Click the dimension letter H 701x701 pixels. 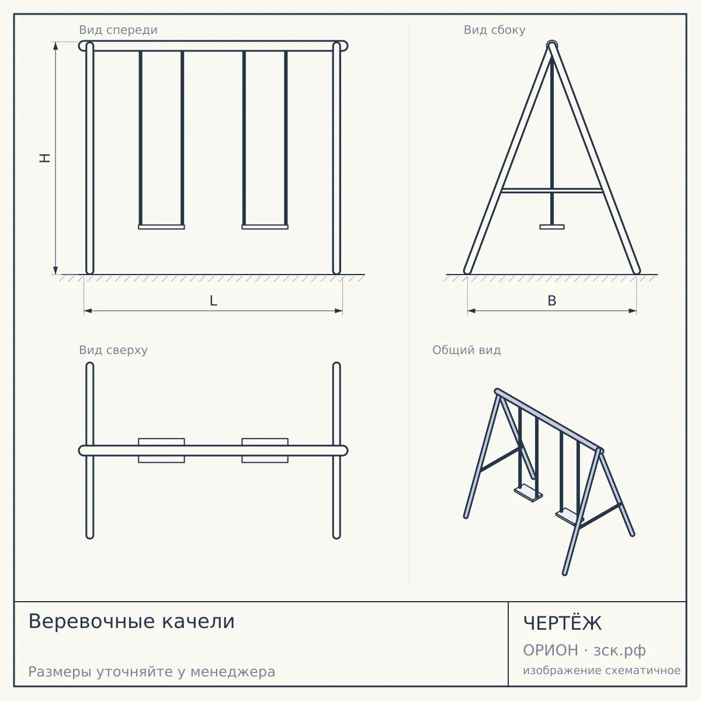(45, 158)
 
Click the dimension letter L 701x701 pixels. (214, 301)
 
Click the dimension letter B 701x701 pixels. (552, 301)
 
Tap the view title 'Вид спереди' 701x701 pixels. (118, 30)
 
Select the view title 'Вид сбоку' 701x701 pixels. (494, 30)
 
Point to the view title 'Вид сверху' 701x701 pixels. (113, 350)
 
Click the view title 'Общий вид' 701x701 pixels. (466, 350)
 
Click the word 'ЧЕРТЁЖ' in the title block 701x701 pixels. (563, 623)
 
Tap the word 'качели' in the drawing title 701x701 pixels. (198, 622)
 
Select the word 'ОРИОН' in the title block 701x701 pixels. (550, 650)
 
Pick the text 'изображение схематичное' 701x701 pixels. (602, 671)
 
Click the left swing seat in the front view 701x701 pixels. (161, 227)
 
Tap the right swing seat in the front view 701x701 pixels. (265, 227)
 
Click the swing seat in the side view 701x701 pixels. (552, 227)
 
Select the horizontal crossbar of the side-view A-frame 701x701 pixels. (552, 190)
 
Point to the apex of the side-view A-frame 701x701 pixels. (552, 44)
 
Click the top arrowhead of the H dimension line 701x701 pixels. (55, 46)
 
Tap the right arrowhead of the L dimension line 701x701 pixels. (339, 311)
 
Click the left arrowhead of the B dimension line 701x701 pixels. (471, 311)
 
